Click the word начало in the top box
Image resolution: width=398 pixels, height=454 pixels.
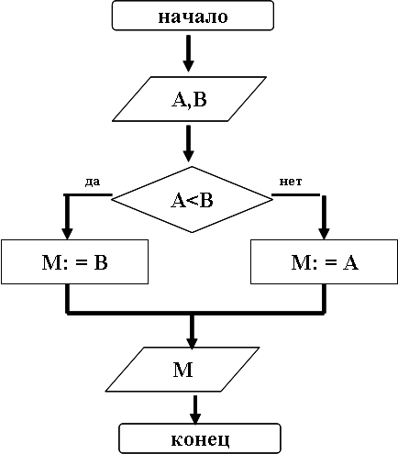[x=193, y=17]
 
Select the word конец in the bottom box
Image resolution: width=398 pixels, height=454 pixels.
[x=200, y=439]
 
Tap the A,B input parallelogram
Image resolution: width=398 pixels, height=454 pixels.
[x=189, y=99]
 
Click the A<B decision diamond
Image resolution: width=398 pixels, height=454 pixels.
[x=192, y=200]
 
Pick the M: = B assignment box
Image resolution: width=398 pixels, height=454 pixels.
[x=75, y=262]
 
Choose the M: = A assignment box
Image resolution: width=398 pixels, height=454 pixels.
[x=325, y=262]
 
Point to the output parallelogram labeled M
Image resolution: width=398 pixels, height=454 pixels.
[x=182, y=370]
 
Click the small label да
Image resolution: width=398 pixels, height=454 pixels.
[x=93, y=182]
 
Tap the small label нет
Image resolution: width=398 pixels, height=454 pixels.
[x=291, y=182]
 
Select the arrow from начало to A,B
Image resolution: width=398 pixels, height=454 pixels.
[x=189, y=53]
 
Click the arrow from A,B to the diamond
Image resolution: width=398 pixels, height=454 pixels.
[x=189, y=143]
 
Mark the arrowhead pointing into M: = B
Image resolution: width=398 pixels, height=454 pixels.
[x=67, y=234]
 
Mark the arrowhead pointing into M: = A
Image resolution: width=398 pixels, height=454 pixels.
[x=325, y=234]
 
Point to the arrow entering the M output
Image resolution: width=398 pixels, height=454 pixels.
[x=192, y=331]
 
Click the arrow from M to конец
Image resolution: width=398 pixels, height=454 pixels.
[x=195, y=410]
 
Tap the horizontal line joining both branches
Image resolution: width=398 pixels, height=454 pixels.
[x=195, y=313]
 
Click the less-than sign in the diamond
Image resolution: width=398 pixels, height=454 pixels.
[x=191, y=201]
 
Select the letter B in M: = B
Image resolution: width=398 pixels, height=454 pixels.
[x=101, y=262]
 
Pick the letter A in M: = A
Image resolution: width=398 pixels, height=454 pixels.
[x=350, y=262]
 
